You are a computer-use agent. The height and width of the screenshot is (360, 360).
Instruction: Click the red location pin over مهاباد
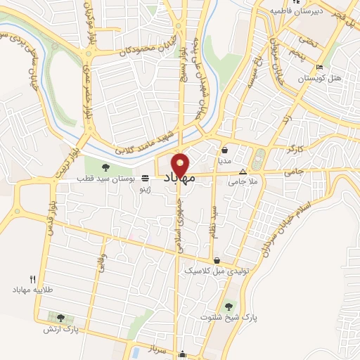tap(181, 165)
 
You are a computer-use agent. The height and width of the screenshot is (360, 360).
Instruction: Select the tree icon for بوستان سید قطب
tap(106, 167)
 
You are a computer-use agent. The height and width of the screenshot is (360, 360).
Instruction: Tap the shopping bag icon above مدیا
tap(224, 150)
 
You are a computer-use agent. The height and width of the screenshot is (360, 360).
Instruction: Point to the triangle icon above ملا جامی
tap(243, 172)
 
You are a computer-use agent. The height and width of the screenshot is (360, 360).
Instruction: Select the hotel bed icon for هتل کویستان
tap(320, 67)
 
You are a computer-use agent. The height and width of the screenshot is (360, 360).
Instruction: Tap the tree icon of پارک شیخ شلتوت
tap(229, 306)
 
